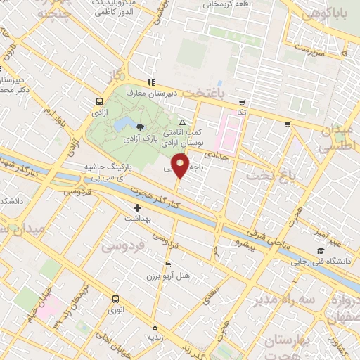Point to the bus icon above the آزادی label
(x=97, y=101)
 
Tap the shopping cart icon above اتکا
(x=242, y=101)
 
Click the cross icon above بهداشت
(x=138, y=207)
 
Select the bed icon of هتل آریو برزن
(x=167, y=264)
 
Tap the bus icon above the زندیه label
(x=155, y=326)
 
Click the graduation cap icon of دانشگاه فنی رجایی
(x=321, y=251)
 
